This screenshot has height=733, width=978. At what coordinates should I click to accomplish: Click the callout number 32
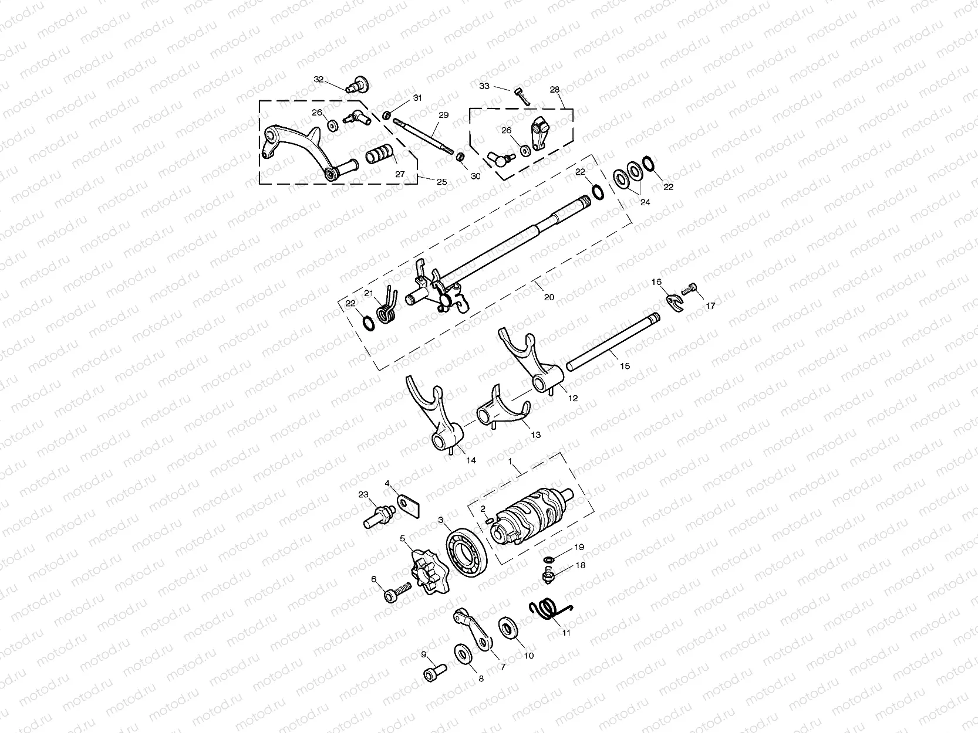tap(319, 79)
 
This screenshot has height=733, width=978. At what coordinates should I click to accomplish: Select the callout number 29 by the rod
tap(443, 116)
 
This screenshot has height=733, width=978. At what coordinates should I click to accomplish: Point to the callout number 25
tap(441, 182)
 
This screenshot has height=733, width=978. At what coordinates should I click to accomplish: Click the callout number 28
tap(555, 90)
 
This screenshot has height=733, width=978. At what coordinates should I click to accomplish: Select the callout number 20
tap(549, 297)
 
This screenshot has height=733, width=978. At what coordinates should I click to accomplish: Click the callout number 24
tap(645, 202)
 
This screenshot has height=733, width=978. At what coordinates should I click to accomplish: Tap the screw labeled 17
tap(690, 289)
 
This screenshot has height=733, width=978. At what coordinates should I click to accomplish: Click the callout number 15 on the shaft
tap(625, 366)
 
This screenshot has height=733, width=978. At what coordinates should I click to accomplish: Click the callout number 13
tap(535, 435)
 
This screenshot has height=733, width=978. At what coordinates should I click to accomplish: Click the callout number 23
tap(363, 494)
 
